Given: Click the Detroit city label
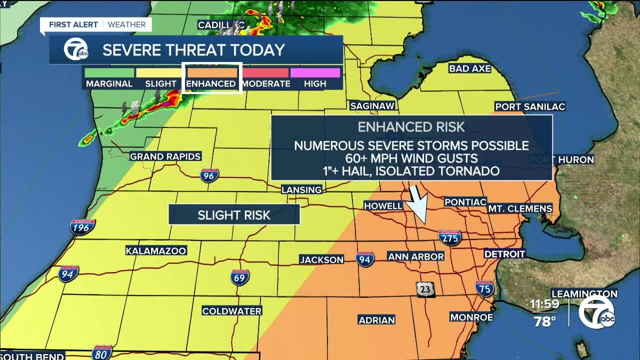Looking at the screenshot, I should (x=504, y=254).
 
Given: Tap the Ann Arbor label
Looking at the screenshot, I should (x=416, y=256).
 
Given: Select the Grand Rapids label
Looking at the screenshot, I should (x=165, y=156).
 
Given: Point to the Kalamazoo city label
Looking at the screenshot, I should (x=156, y=250).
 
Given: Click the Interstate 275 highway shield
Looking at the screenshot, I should (x=449, y=237).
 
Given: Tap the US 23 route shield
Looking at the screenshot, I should (x=424, y=289).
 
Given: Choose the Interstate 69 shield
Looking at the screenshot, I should (x=240, y=277).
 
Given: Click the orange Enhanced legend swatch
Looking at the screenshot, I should (x=211, y=73).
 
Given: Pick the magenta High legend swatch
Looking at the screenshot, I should (x=315, y=73).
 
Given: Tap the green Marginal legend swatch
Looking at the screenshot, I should (x=109, y=73).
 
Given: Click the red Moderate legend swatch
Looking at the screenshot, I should (x=265, y=73).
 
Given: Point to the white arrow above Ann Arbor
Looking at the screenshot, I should (x=418, y=203).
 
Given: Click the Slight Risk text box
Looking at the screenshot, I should (x=234, y=215).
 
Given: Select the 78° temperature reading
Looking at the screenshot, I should (x=544, y=321).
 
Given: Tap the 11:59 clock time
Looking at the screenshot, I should (x=545, y=304).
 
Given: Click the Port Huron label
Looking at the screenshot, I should (x=561, y=160).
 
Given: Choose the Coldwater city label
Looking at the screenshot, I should (x=231, y=311).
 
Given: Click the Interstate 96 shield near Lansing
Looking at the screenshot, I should (x=209, y=175).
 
